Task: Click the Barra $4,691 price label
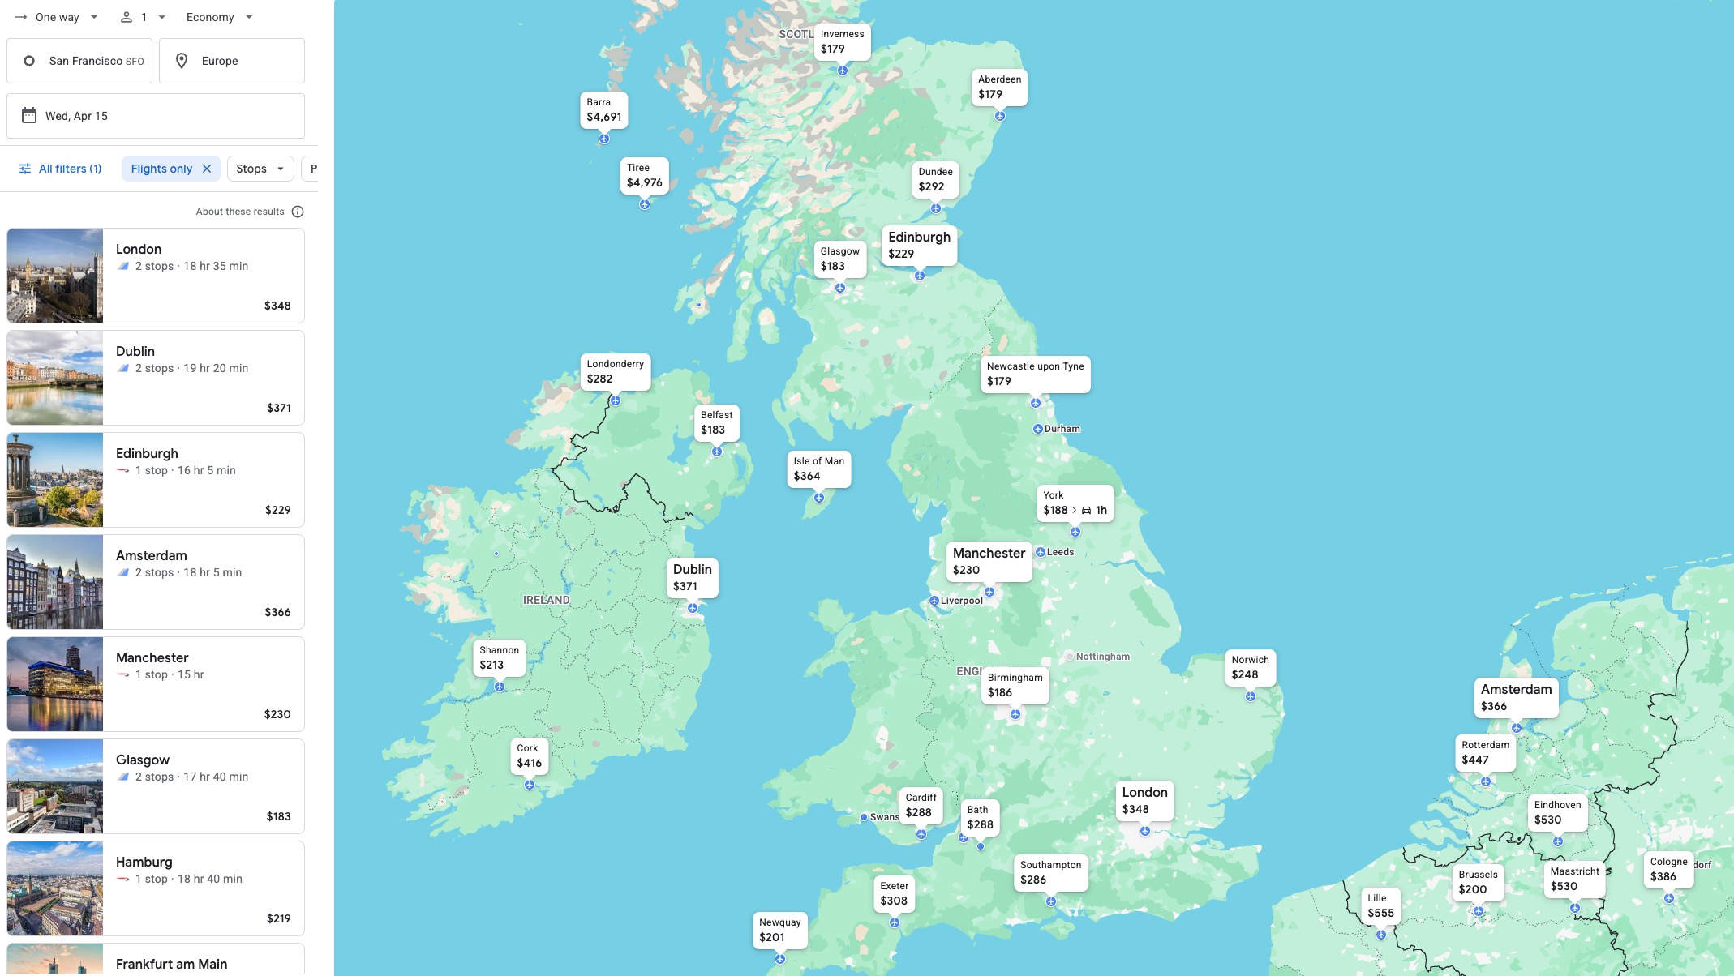(603, 110)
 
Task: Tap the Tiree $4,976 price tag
(644, 176)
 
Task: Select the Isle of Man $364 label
(818, 469)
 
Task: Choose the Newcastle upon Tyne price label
(1035, 374)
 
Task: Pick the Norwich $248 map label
(1249, 667)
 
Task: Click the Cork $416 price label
(529, 756)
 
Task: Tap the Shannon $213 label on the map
(499, 657)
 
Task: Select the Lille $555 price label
(1380, 905)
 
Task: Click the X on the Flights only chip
(207, 169)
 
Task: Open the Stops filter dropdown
(260, 169)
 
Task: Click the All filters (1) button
(60, 169)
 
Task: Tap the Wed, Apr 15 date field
(156, 116)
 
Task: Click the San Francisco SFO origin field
(79, 61)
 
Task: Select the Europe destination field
(232, 61)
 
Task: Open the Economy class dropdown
(219, 17)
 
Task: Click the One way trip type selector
(57, 17)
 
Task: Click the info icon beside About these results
(298, 212)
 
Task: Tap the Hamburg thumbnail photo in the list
(55, 888)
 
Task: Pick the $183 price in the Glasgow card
(278, 816)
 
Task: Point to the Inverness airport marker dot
(843, 71)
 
